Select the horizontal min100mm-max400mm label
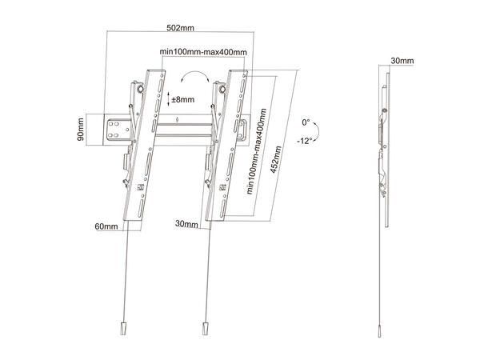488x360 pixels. tap(202, 52)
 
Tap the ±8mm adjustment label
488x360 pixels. tap(183, 100)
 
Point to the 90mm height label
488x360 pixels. tap(82, 127)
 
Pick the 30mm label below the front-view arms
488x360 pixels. tap(186, 225)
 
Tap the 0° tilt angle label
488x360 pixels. tap(306, 122)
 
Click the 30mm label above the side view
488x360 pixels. tap(402, 61)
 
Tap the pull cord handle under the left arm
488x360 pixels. tap(122, 330)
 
